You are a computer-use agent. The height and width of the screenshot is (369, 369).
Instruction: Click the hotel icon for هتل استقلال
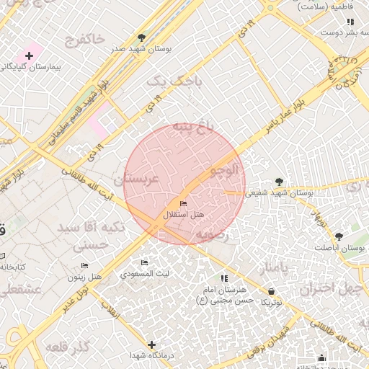coord(183,204)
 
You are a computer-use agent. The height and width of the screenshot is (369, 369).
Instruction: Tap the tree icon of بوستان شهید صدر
coord(141,37)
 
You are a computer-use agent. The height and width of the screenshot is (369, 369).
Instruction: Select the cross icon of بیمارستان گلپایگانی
coord(30,55)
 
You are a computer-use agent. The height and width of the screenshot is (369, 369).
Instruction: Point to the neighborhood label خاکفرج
coord(84,37)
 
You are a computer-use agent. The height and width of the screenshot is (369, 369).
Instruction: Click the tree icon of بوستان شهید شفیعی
coord(280,182)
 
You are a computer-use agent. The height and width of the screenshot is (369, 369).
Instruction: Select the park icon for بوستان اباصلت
coord(339,236)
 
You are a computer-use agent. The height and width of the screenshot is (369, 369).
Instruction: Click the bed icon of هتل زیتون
coord(92,265)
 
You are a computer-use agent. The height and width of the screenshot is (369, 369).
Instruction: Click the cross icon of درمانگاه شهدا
coord(151,344)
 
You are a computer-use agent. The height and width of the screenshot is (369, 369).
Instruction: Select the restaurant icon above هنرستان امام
coord(224,278)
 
